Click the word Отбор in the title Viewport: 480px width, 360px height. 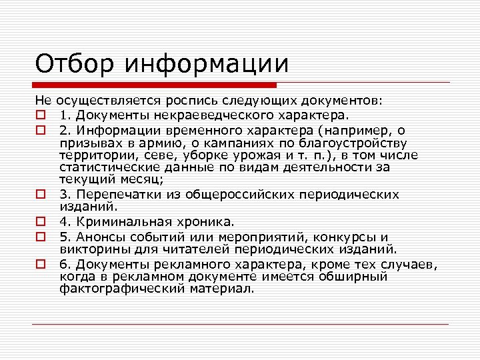click(x=74, y=65)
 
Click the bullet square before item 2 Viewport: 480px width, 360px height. click(x=40, y=130)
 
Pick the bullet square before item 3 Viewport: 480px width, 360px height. click(x=40, y=195)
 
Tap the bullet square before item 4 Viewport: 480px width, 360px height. click(x=40, y=221)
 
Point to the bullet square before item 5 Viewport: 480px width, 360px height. click(x=40, y=237)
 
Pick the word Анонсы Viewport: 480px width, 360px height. click(x=97, y=237)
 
